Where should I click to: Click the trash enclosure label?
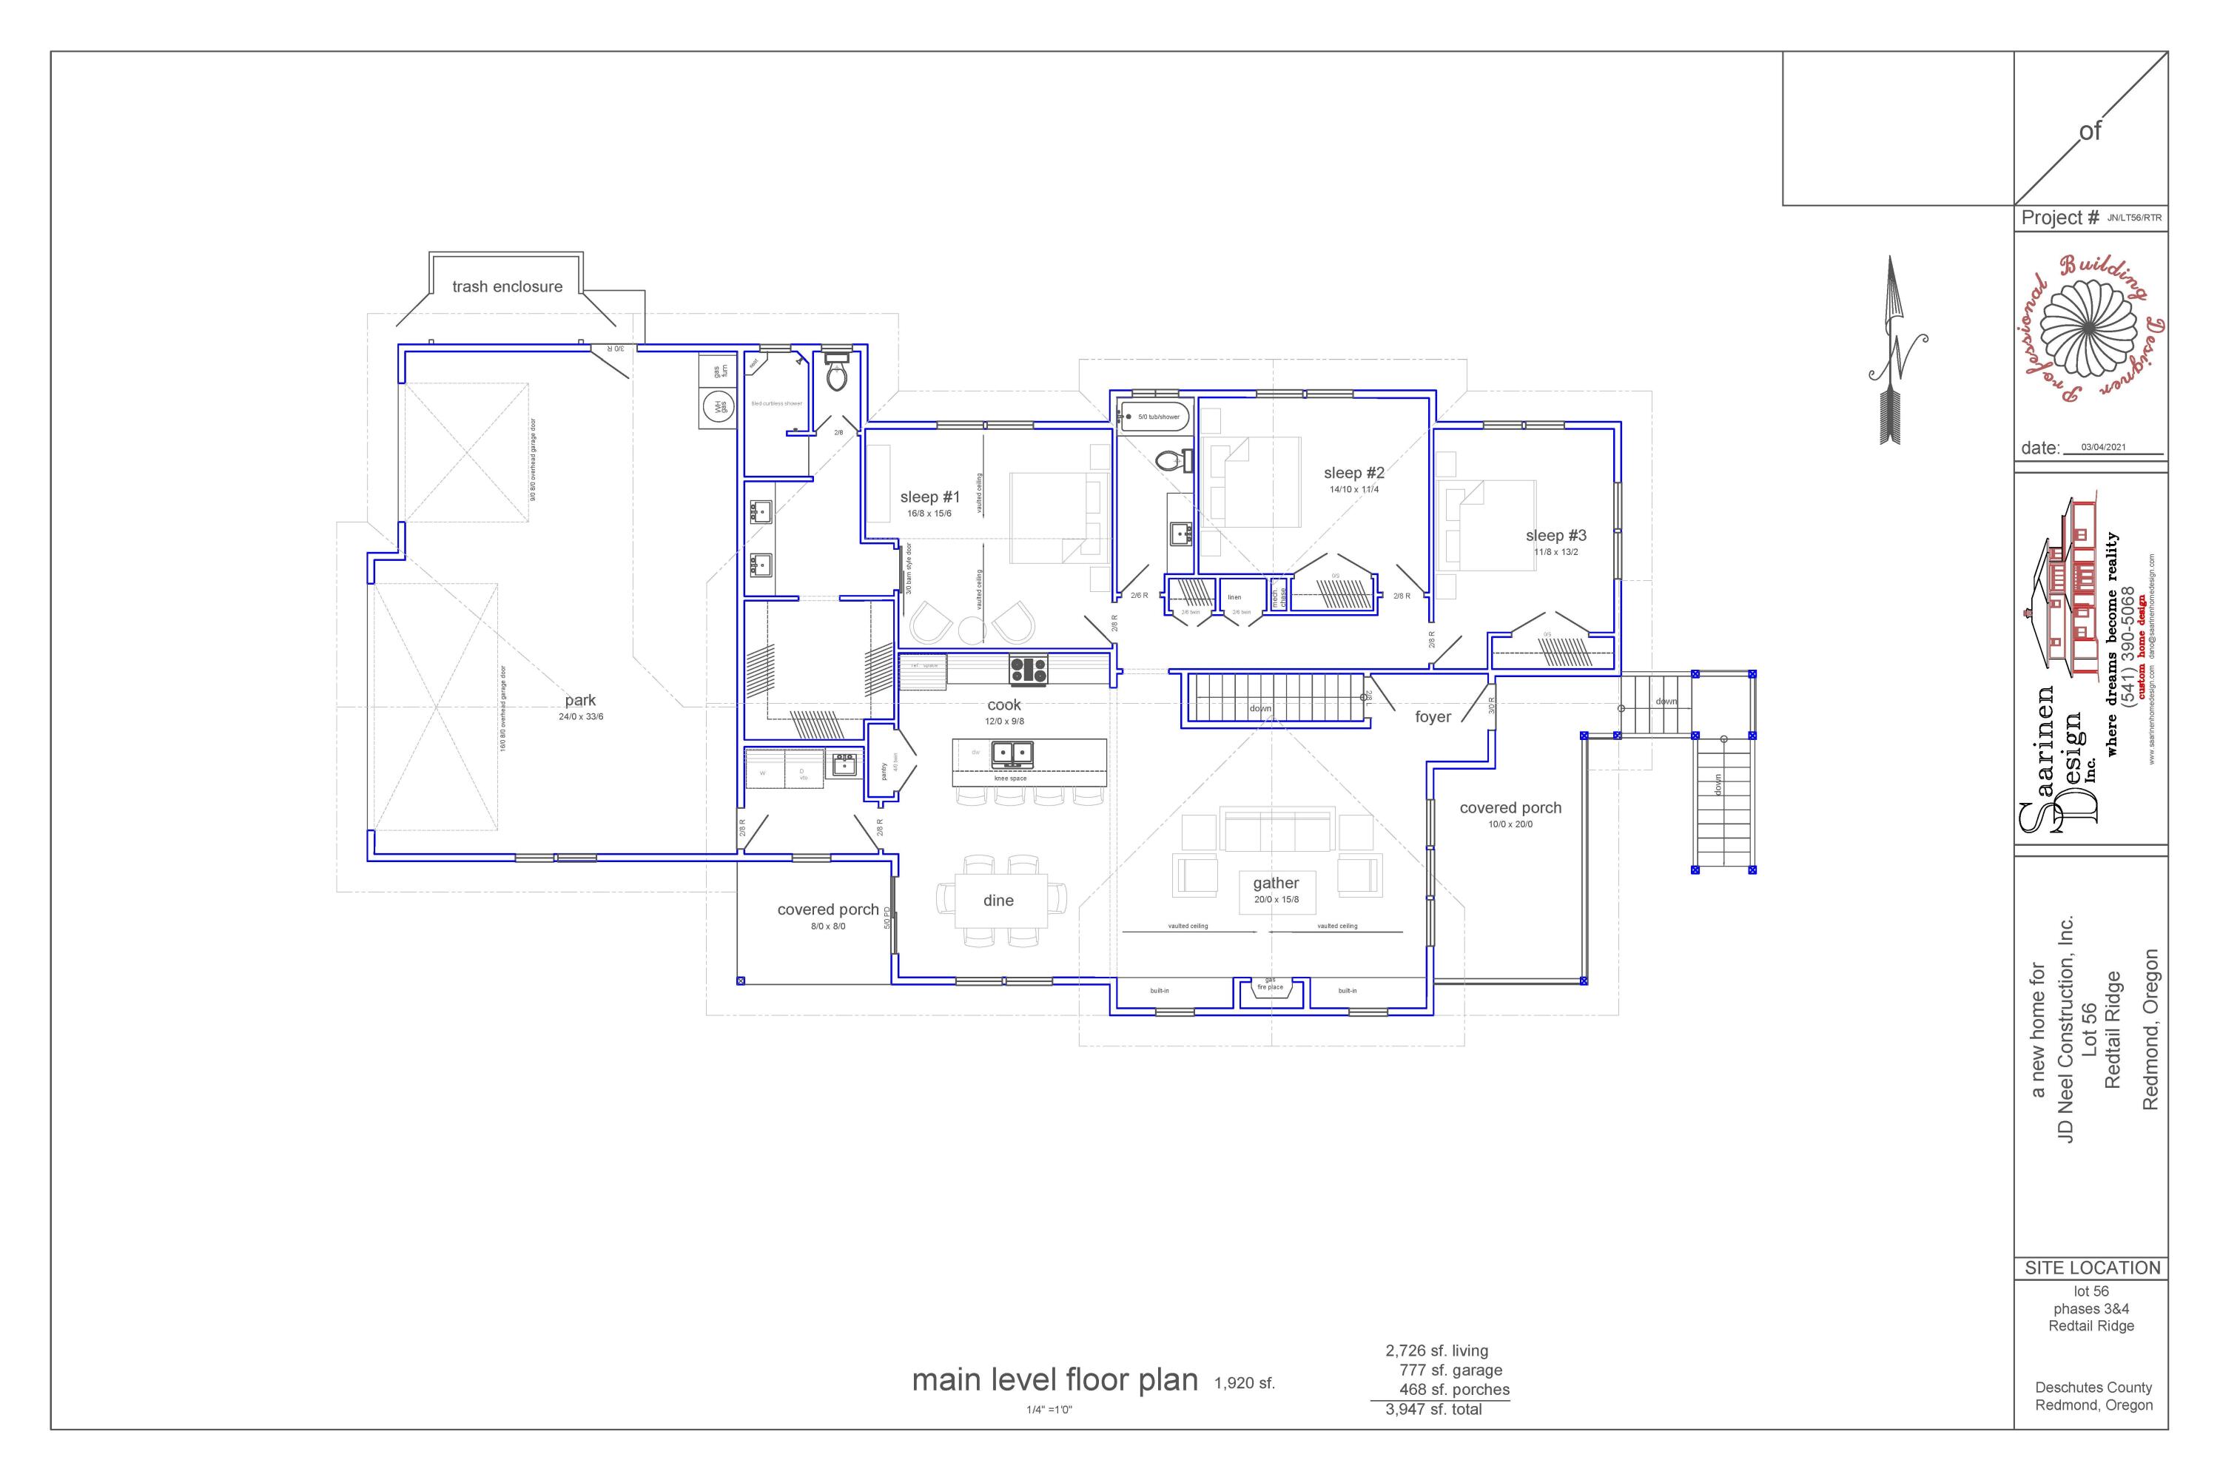[507, 287]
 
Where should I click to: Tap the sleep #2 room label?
[1353, 473]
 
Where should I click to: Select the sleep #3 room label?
[1555, 535]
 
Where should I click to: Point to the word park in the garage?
[580, 700]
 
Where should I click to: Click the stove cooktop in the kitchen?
[1028, 670]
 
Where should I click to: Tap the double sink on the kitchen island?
[1011, 753]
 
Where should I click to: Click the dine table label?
[998, 901]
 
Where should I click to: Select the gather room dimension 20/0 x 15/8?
[1276, 900]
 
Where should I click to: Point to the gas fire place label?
[1271, 984]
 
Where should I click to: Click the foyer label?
[1432, 717]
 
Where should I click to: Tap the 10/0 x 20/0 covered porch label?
[1510, 824]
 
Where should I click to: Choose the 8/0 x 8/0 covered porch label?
[828, 926]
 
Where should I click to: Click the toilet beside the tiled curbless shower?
[836, 374]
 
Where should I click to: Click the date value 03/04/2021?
[2103, 448]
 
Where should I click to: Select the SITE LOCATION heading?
[2092, 1268]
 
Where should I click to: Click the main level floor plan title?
[1054, 1380]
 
